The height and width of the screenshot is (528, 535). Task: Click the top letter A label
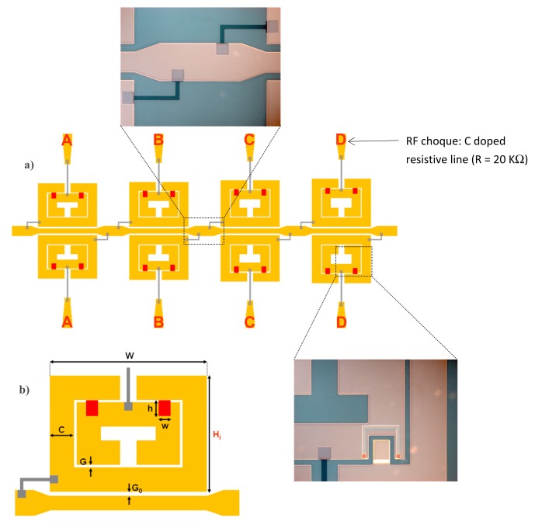[x=67, y=141]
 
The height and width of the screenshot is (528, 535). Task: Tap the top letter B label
[x=158, y=141]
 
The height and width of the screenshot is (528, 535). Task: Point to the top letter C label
[x=249, y=141]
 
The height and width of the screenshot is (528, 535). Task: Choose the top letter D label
[x=341, y=141]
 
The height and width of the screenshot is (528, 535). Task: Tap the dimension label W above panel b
[x=129, y=356]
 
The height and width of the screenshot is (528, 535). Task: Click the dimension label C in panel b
[x=61, y=429]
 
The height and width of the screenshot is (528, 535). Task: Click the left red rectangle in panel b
[x=92, y=408]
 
